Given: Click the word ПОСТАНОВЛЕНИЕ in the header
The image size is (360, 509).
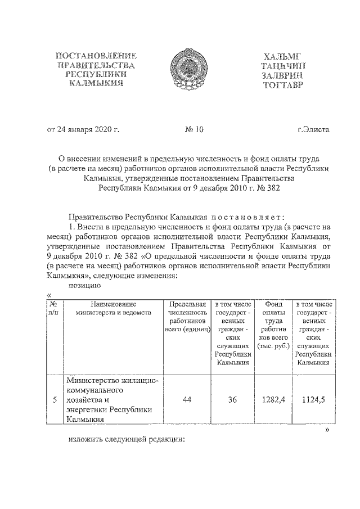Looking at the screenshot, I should click(96, 56).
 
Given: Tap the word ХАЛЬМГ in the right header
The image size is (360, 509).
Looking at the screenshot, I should click(282, 57).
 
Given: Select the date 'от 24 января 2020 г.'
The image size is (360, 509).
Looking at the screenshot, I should click(83, 130).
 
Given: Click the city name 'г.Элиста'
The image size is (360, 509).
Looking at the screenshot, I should click(313, 130).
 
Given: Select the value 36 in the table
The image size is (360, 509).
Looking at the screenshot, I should click(232, 400).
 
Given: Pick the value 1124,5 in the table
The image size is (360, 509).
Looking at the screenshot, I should click(313, 400).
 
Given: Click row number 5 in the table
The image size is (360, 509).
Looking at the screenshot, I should click(54, 400).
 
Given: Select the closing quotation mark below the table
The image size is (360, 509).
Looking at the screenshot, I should click(328, 431).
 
